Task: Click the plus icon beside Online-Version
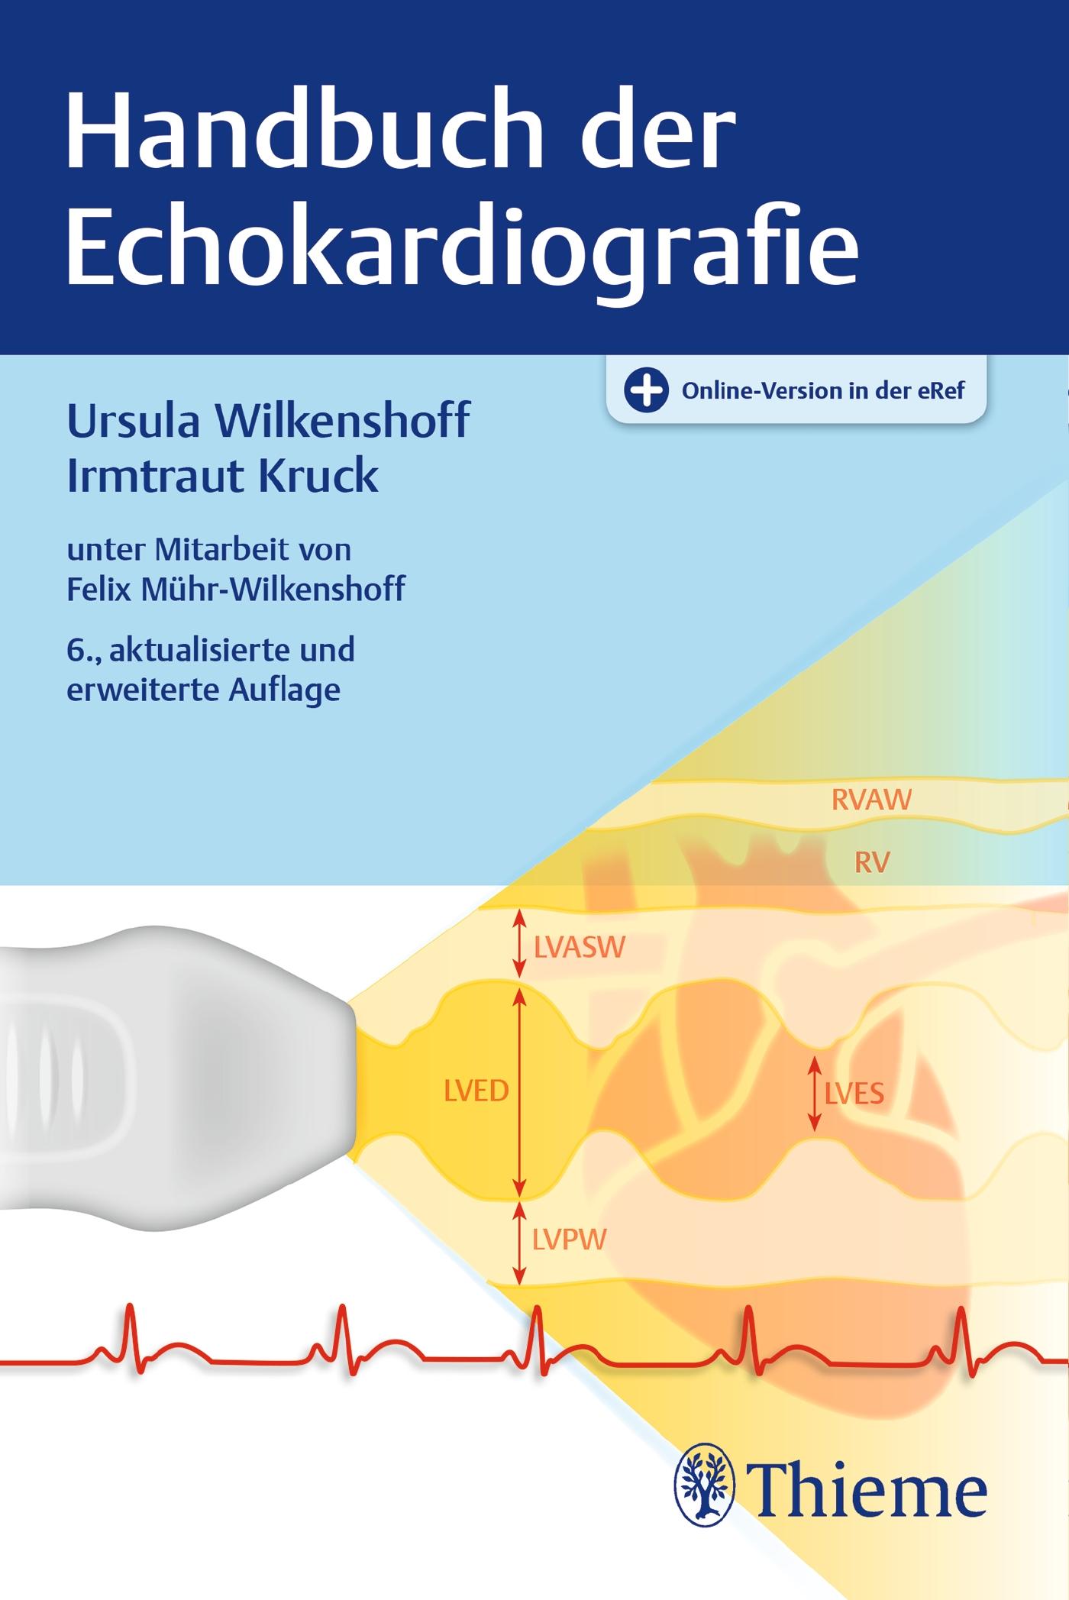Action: pyautogui.click(x=646, y=390)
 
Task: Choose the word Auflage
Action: pyautogui.click(x=284, y=689)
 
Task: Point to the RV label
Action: pyautogui.click(x=872, y=863)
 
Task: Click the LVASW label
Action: pyautogui.click(x=580, y=948)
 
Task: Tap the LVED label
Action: pyautogui.click(x=476, y=1091)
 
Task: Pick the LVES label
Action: pyautogui.click(x=854, y=1094)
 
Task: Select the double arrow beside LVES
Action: pyautogui.click(x=815, y=1093)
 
